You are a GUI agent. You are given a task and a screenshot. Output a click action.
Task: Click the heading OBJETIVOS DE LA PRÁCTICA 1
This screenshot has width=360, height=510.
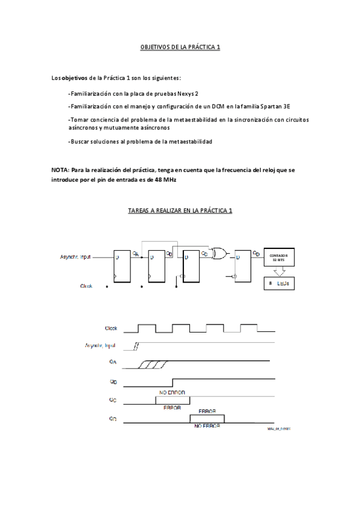180,46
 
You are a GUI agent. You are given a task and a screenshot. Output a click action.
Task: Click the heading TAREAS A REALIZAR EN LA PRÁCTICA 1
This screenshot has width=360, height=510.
180,210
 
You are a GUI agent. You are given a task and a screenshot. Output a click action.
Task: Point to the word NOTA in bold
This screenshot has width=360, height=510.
59,170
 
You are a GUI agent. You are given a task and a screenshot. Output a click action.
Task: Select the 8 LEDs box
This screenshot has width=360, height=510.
280,283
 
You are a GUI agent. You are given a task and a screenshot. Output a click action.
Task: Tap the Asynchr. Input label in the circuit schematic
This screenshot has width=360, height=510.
77,256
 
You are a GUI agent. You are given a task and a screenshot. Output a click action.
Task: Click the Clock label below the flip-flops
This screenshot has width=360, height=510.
87,286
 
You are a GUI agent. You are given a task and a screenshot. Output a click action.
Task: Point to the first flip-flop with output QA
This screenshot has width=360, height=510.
123,265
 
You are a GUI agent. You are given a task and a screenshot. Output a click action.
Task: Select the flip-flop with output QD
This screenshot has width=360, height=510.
244,265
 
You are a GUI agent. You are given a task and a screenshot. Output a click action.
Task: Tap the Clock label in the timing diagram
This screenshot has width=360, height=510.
111,328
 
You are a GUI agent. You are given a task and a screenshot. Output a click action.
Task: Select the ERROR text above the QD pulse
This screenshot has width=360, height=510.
207,412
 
